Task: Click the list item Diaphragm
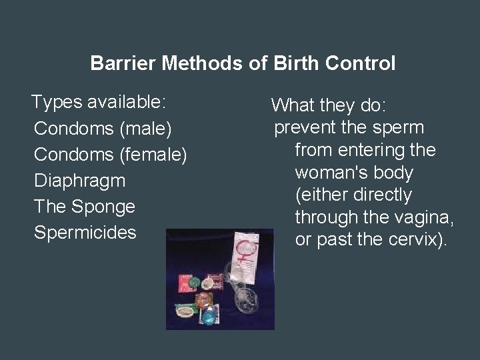tap(79, 181)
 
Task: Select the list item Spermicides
tap(85, 233)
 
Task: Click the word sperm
tap(401, 127)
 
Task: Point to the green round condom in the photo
tap(193, 283)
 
